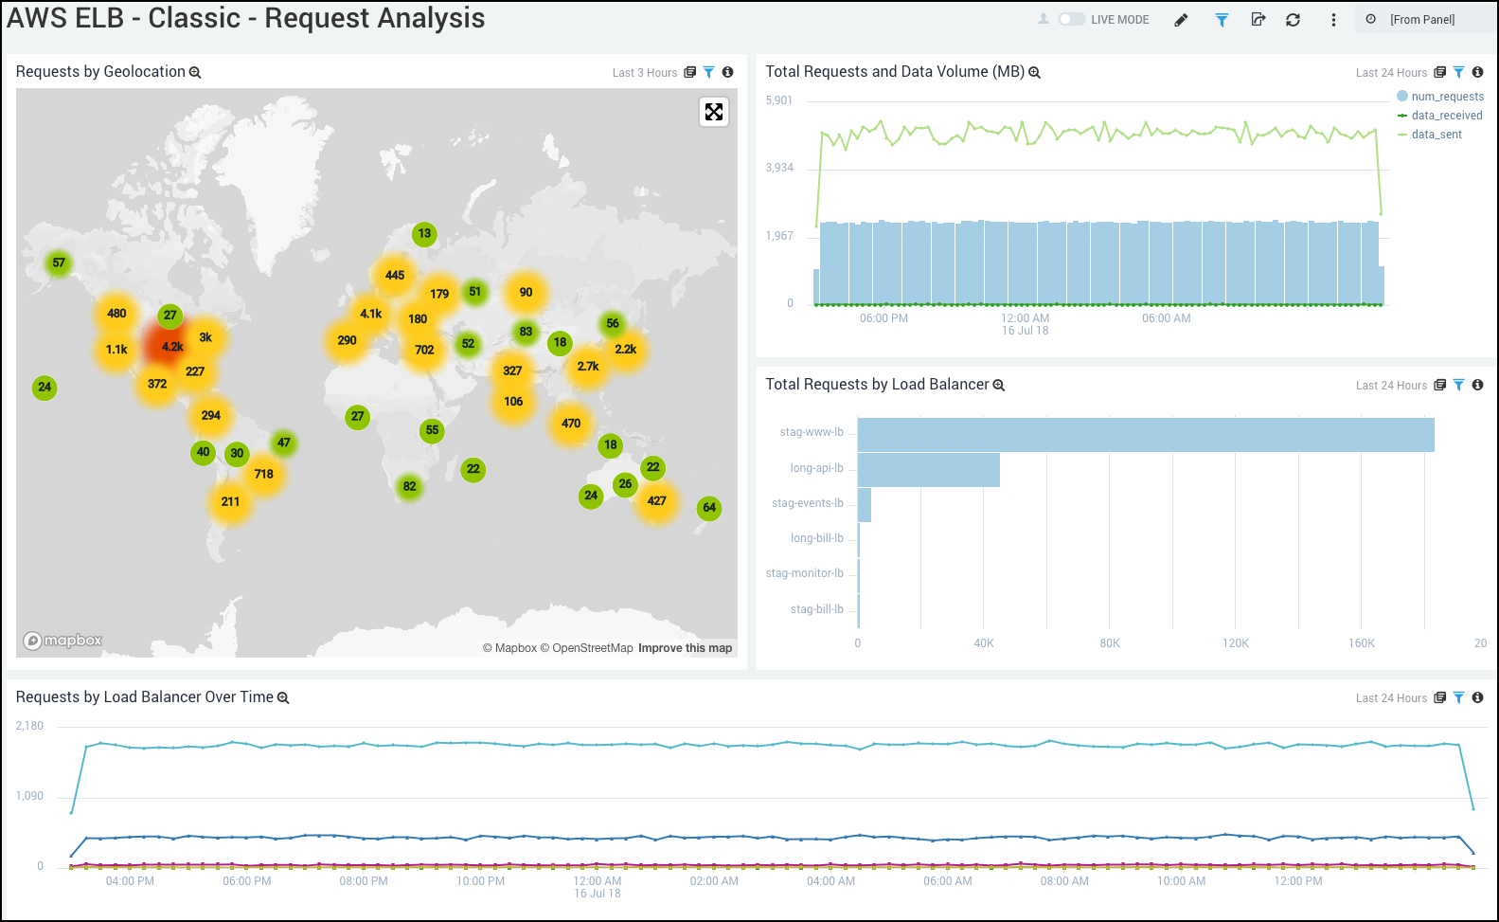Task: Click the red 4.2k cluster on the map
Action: (171, 347)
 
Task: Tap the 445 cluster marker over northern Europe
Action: (395, 276)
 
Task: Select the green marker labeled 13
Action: (424, 234)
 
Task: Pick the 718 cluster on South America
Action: (263, 474)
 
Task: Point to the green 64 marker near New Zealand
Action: (709, 508)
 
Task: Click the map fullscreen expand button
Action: (714, 112)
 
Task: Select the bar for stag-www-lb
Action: (1146, 435)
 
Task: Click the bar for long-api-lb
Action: (929, 470)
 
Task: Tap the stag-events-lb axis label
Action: (807, 503)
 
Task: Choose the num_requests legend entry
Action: (1447, 97)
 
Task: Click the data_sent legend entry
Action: (1437, 135)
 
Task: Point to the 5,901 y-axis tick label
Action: (779, 100)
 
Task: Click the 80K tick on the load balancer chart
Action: (1110, 643)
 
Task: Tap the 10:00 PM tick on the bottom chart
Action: (481, 881)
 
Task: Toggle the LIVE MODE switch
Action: (1072, 19)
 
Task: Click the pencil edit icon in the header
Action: (1181, 20)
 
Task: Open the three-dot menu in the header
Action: (1333, 20)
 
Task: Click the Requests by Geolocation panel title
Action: (100, 72)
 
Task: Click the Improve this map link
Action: (685, 648)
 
